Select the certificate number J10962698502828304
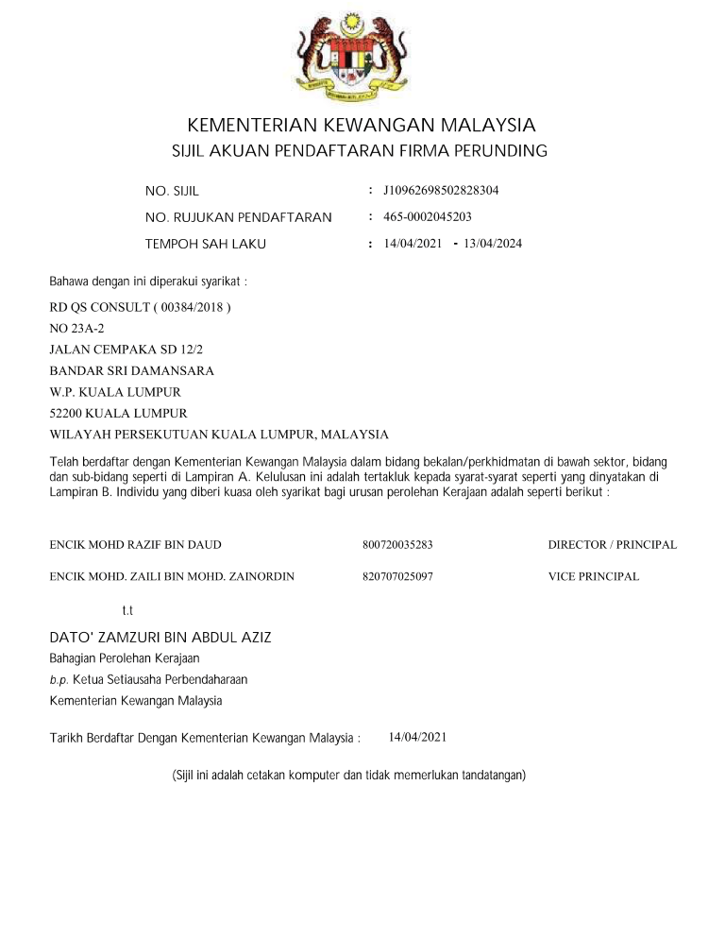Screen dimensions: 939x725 point(441,191)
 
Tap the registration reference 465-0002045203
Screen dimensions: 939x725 point(428,217)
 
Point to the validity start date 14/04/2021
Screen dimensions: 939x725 point(413,244)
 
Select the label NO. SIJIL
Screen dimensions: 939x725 point(172,192)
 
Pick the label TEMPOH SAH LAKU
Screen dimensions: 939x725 point(206,245)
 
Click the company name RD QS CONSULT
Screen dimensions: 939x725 point(140,308)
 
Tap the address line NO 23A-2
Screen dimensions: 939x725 point(76,329)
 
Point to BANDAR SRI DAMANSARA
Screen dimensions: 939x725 point(131,370)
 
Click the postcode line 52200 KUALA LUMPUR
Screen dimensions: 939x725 point(118,413)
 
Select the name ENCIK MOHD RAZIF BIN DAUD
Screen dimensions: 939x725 point(135,545)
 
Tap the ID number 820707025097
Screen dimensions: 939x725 point(396,576)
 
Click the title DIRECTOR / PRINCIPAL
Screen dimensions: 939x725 point(612,545)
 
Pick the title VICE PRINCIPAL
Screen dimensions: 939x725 point(593,576)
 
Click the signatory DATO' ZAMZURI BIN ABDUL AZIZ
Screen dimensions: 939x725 point(160,638)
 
